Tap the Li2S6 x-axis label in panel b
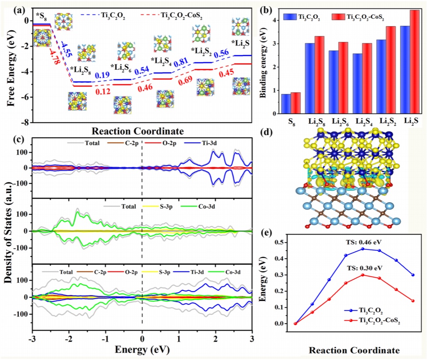click(341, 119)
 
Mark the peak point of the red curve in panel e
click(363, 275)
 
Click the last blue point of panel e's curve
click(413, 275)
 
